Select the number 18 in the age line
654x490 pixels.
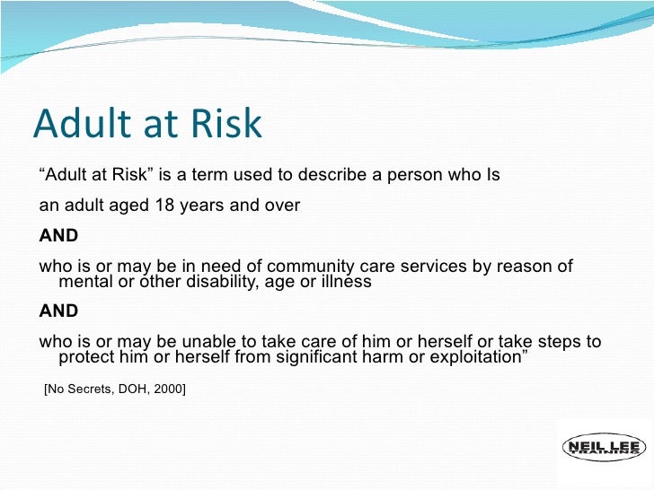pyautogui.click(x=163, y=206)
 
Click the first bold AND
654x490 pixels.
pyautogui.click(x=58, y=236)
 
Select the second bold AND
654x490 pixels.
pyautogui.click(x=58, y=311)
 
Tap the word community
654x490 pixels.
pyautogui.click(x=319, y=267)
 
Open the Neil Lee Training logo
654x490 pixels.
pyautogui.click(x=603, y=449)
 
